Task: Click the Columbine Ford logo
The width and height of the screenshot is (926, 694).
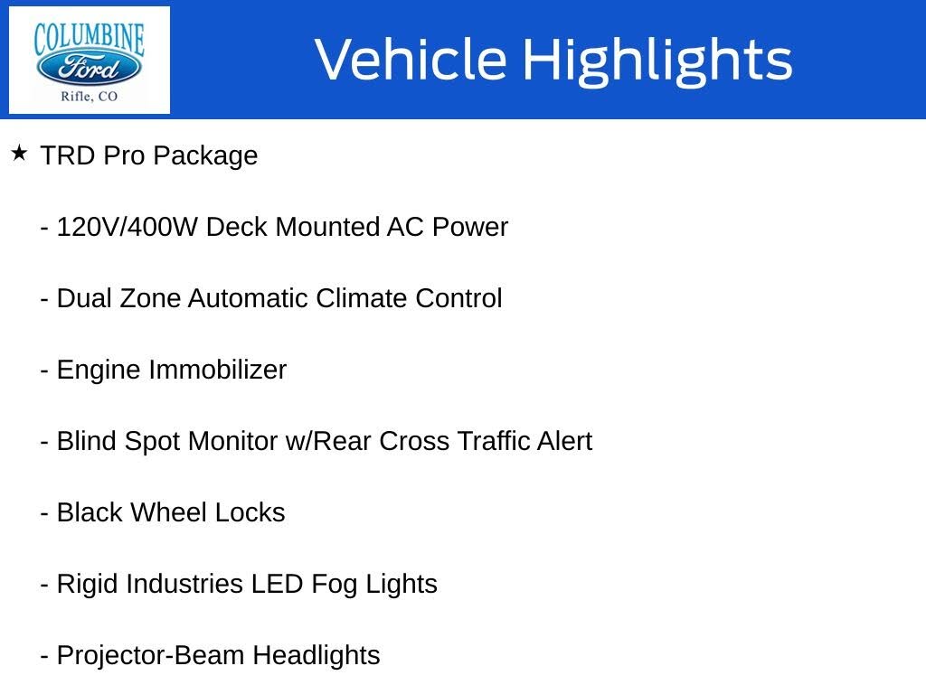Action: click(x=89, y=60)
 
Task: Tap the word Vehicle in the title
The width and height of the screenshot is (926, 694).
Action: click(x=411, y=60)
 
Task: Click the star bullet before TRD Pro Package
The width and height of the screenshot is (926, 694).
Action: click(x=19, y=154)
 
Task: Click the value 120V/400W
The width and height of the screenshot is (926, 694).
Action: click(x=128, y=227)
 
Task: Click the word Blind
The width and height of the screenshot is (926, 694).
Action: click(x=87, y=441)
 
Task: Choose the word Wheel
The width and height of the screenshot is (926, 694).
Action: click(x=169, y=512)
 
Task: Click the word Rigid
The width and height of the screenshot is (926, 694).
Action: click(x=88, y=584)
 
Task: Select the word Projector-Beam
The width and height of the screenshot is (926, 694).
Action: click(x=151, y=655)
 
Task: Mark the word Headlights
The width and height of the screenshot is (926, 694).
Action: click(x=317, y=655)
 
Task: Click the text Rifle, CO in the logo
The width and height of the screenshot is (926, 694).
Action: click(x=89, y=97)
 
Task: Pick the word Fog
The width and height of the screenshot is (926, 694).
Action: click(x=335, y=585)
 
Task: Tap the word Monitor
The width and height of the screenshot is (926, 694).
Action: click(x=233, y=441)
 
